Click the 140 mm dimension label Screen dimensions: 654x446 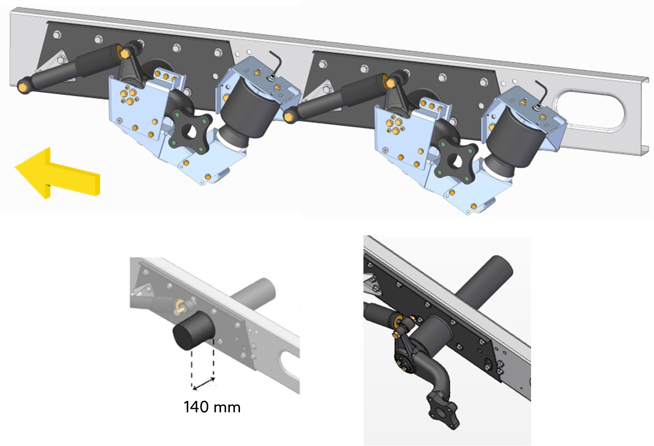click(x=212, y=407)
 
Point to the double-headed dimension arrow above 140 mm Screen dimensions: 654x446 click(x=204, y=384)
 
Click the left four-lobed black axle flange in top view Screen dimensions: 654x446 click(x=190, y=131)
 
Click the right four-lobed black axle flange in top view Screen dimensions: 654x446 click(x=456, y=162)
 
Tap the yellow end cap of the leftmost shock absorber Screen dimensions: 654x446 click(x=22, y=86)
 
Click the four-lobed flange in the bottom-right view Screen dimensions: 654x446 click(x=443, y=411)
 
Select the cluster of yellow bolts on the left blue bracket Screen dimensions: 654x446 click(x=130, y=94)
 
